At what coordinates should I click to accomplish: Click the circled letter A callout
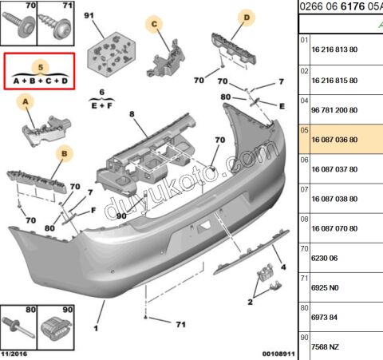pos(26,101)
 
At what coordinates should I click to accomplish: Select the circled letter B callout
pos(65,154)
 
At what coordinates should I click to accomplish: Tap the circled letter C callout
pos(154,24)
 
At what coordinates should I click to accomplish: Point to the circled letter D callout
pos(247,18)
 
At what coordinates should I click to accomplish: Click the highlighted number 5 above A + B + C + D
pos(41,67)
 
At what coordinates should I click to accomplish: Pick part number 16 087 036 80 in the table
pos(334,140)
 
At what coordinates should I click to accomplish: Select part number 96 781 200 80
pos(334,110)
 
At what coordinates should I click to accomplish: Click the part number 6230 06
pos(324,258)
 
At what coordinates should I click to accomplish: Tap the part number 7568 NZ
pos(325,347)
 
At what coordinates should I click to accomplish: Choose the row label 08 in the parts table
pos(304,220)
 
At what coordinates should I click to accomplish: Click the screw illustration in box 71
pos(55,26)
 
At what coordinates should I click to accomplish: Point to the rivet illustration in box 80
pos(18,327)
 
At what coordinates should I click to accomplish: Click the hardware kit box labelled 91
pos(111,54)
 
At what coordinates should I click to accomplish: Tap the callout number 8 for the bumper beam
pos(132,114)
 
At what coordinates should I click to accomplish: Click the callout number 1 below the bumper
pos(96,329)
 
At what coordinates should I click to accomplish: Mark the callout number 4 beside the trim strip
pos(283,267)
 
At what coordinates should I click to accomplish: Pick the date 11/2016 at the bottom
pos(14,354)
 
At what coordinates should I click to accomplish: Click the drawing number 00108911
pos(278,354)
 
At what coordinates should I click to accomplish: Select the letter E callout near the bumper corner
pos(282,106)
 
